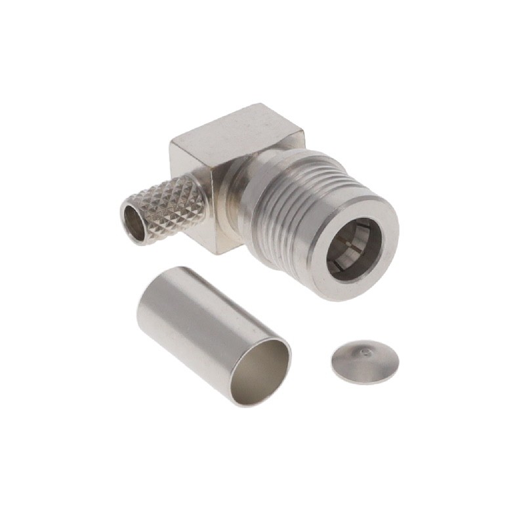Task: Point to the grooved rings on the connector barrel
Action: pyautogui.click(x=289, y=197)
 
